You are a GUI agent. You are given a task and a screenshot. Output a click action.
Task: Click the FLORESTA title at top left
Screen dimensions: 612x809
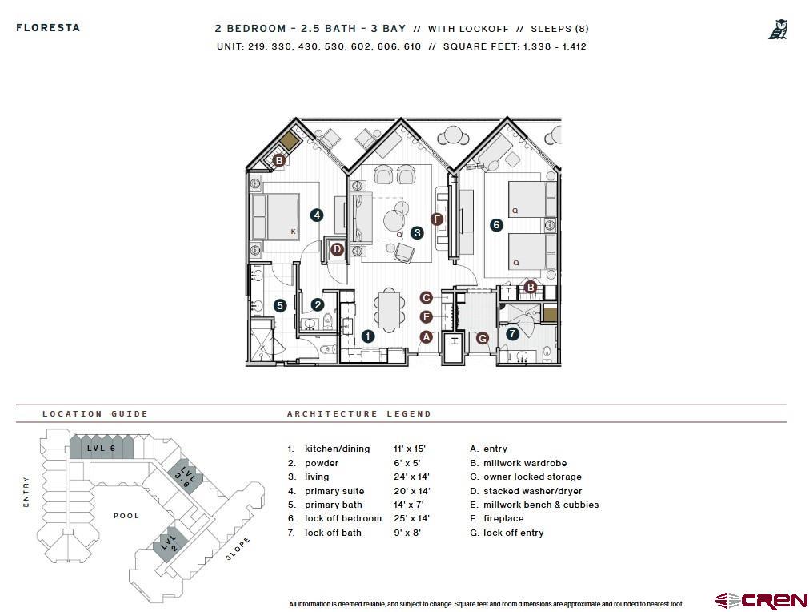[48, 28]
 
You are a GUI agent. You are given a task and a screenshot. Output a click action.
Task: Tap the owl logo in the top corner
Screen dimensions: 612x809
[778, 30]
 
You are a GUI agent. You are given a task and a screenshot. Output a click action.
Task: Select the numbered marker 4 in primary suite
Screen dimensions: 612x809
[317, 215]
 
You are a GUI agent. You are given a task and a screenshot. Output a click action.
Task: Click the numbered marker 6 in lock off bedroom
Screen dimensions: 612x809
[496, 225]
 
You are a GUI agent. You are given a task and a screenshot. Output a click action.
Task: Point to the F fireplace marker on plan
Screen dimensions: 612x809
[437, 219]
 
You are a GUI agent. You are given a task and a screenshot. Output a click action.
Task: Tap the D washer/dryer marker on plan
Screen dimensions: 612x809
[337, 249]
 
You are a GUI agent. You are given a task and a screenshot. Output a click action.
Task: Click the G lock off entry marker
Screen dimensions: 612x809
[482, 339]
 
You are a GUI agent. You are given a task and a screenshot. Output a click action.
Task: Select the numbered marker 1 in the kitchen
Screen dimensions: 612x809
[368, 336]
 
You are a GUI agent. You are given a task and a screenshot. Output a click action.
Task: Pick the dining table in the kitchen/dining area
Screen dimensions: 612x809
[390, 310]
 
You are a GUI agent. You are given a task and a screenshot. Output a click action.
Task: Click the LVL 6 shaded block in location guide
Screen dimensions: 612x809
[102, 448]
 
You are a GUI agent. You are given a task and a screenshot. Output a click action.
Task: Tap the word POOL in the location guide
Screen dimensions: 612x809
[126, 516]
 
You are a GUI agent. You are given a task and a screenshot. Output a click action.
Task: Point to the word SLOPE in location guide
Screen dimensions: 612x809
[238, 548]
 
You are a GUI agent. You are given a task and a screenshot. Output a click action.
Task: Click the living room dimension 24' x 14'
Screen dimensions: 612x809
[411, 477]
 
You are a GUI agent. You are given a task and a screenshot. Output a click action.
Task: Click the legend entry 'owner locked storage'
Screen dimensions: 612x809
[532, 477]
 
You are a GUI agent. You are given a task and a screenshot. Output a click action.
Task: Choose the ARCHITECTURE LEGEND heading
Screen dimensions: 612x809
[358, 414]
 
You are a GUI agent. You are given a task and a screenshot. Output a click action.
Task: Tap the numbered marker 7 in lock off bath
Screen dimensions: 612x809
[512, 333]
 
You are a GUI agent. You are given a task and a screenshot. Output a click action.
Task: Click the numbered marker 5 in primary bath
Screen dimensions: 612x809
[279, 305]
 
